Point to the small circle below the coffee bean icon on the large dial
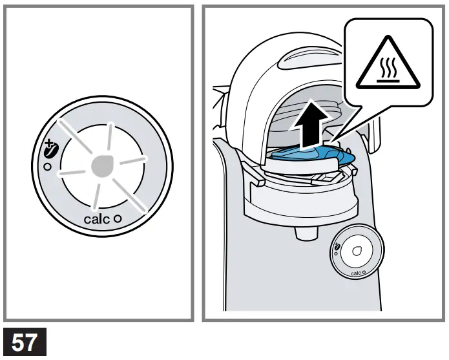tap(45, 167)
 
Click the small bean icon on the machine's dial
tap(338, 246)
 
